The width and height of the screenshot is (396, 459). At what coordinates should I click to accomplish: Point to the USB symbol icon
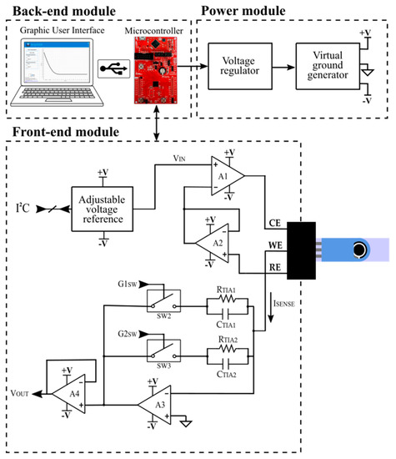108,67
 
